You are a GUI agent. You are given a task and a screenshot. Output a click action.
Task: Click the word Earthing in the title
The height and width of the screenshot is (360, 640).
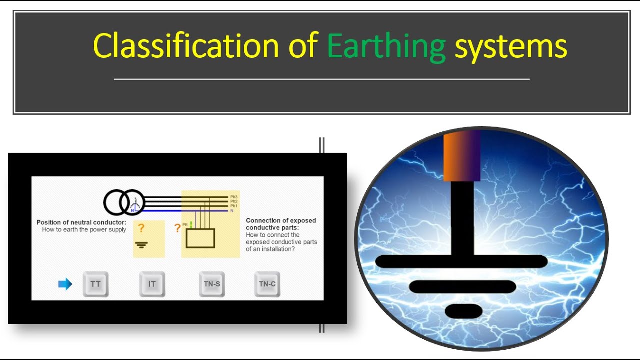coord(386,46)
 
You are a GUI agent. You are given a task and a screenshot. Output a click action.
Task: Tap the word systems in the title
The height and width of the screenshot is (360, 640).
coord(511,46)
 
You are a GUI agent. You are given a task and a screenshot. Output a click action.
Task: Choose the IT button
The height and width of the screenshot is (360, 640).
coord(152,284)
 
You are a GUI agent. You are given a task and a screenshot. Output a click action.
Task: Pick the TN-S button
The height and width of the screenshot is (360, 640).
coord(212,284)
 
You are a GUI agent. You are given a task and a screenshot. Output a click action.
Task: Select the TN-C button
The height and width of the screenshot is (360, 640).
coord(267,284)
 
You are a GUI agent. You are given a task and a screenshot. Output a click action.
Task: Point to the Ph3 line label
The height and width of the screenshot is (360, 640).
coord(234,197)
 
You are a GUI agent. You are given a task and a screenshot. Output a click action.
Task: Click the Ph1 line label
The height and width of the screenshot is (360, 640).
coord(234,206)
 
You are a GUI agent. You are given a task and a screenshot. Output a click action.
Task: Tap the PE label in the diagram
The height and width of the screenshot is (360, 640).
coord(185,225)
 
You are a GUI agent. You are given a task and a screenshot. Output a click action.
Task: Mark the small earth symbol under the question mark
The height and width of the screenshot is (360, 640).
coord(142,245)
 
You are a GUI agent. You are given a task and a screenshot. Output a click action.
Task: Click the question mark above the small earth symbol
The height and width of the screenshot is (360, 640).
coord(141,229)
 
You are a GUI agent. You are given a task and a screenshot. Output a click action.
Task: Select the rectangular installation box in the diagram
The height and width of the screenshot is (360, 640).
coord(200,238)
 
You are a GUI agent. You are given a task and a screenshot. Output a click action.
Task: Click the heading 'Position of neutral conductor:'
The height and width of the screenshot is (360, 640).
coord(81,222)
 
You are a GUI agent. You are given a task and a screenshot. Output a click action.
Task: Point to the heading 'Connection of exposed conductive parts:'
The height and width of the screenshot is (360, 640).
coord(281,224)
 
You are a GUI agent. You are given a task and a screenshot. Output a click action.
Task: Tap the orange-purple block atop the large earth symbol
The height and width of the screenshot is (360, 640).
coord(462,156)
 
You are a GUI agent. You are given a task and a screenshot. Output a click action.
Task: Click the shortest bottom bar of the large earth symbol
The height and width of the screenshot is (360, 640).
coord(463,311)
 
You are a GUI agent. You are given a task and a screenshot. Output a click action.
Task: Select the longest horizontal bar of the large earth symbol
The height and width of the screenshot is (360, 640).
coord(461,261)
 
